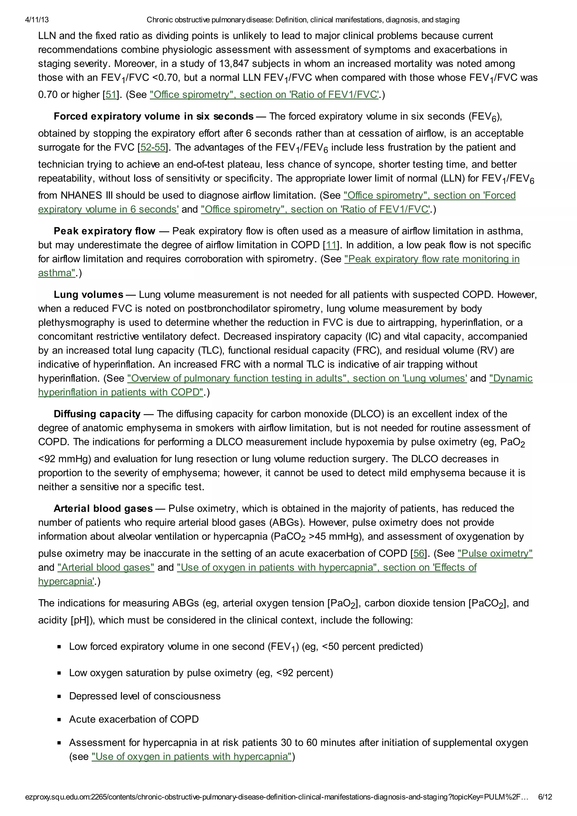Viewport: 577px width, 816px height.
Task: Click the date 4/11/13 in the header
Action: tap(37, 20)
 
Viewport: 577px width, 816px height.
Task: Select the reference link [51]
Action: tap(111, 95)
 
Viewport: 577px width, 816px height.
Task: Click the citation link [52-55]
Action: tap(153, 147)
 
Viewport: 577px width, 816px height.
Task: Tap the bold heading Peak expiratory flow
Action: tap(104, 231)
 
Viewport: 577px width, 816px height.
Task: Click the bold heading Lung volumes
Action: tap(88, 295)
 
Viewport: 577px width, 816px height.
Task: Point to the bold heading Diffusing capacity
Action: tap(97, 414)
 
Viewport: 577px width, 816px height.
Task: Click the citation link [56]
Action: tap(418, 553)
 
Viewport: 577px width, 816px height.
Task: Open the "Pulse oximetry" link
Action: tap(495, 553)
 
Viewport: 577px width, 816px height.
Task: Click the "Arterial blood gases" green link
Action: tap(106, 567)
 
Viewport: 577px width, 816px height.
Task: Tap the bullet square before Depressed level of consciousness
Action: tap(59, 696)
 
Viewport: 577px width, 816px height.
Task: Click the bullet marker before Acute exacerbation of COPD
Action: tap(59, 719)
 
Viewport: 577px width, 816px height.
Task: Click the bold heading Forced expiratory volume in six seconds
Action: tap(153, 116)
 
